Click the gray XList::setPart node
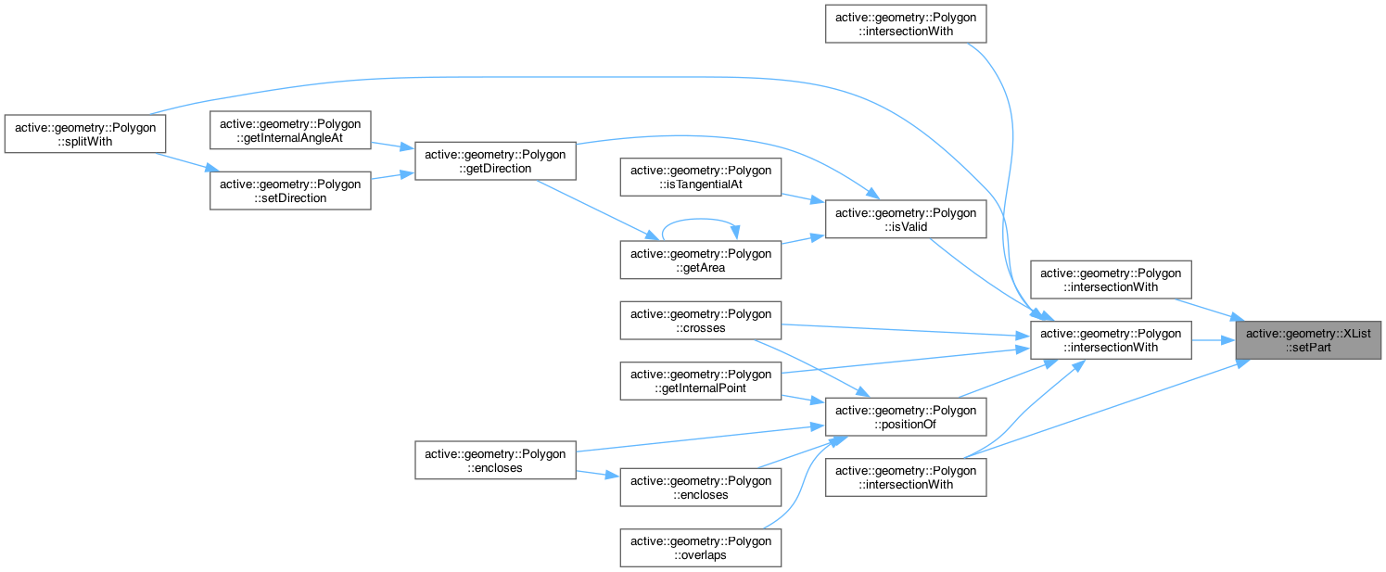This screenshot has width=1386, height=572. (1308, 340)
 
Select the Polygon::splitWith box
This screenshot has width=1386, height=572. (84, 133)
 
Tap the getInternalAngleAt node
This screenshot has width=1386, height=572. (291, 131)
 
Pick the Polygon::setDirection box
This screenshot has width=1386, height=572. (291, 191)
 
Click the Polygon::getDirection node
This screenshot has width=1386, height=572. (495, 161)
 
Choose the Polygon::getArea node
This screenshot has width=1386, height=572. (703, 260)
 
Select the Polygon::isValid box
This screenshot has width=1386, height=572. (906, 221)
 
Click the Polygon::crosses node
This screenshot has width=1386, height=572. (703, 321)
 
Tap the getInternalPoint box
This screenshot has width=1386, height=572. (703, 381)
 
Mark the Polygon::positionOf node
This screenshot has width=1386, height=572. (906, 417)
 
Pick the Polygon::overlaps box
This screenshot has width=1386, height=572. (703, 547)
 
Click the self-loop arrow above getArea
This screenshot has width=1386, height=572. (701, 220)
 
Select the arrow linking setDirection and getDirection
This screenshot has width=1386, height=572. (392, 177)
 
